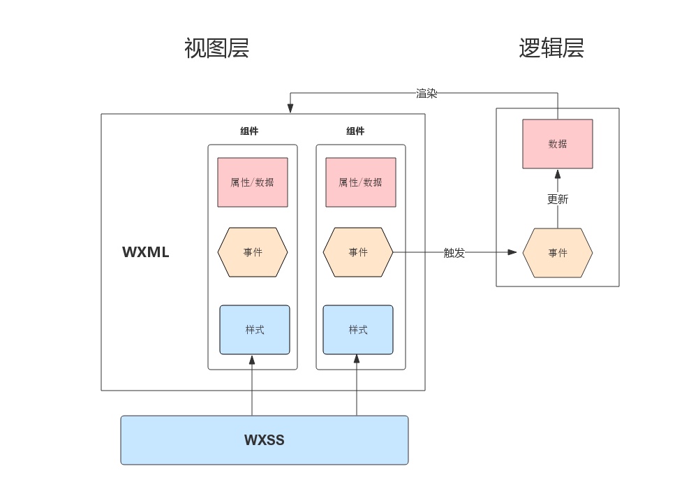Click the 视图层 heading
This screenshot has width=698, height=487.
click(x=216, y=48)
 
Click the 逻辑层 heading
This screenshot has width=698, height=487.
click(x=551, y=48)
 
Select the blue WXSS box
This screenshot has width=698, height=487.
click(x=264, y=440)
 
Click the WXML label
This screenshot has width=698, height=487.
click(x=146, y=252)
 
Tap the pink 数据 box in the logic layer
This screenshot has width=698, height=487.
click(x=558, y=144)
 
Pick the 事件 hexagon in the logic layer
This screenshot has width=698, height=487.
click(x=558, y=253)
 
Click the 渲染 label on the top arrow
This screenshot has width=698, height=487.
click(x=426, y=93)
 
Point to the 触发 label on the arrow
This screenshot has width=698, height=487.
click(x=454, y=253)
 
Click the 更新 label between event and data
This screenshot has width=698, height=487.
click(x=558, y=199)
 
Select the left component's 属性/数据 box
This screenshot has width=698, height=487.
click(x=252, y=182)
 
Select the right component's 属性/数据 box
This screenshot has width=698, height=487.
click(x=360, y=182)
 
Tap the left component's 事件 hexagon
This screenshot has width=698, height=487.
click(x=253, y=252)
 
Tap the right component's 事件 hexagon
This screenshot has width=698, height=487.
click(x=358, y=252)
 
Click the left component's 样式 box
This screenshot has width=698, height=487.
click(x=254, y=330)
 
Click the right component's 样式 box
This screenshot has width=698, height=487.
click(x=358, y=330)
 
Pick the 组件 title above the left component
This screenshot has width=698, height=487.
click(x=249, y=131)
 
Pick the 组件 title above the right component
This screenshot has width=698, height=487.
click(x=355, y=131)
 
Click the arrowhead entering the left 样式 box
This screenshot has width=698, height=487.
click(x=252, y=359)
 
